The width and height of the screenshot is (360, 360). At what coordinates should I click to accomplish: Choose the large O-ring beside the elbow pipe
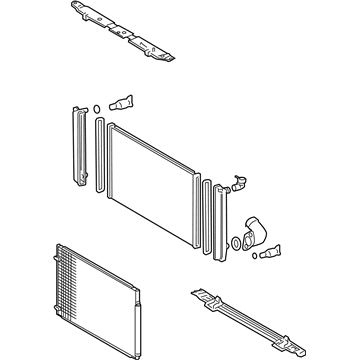[238, 243]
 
